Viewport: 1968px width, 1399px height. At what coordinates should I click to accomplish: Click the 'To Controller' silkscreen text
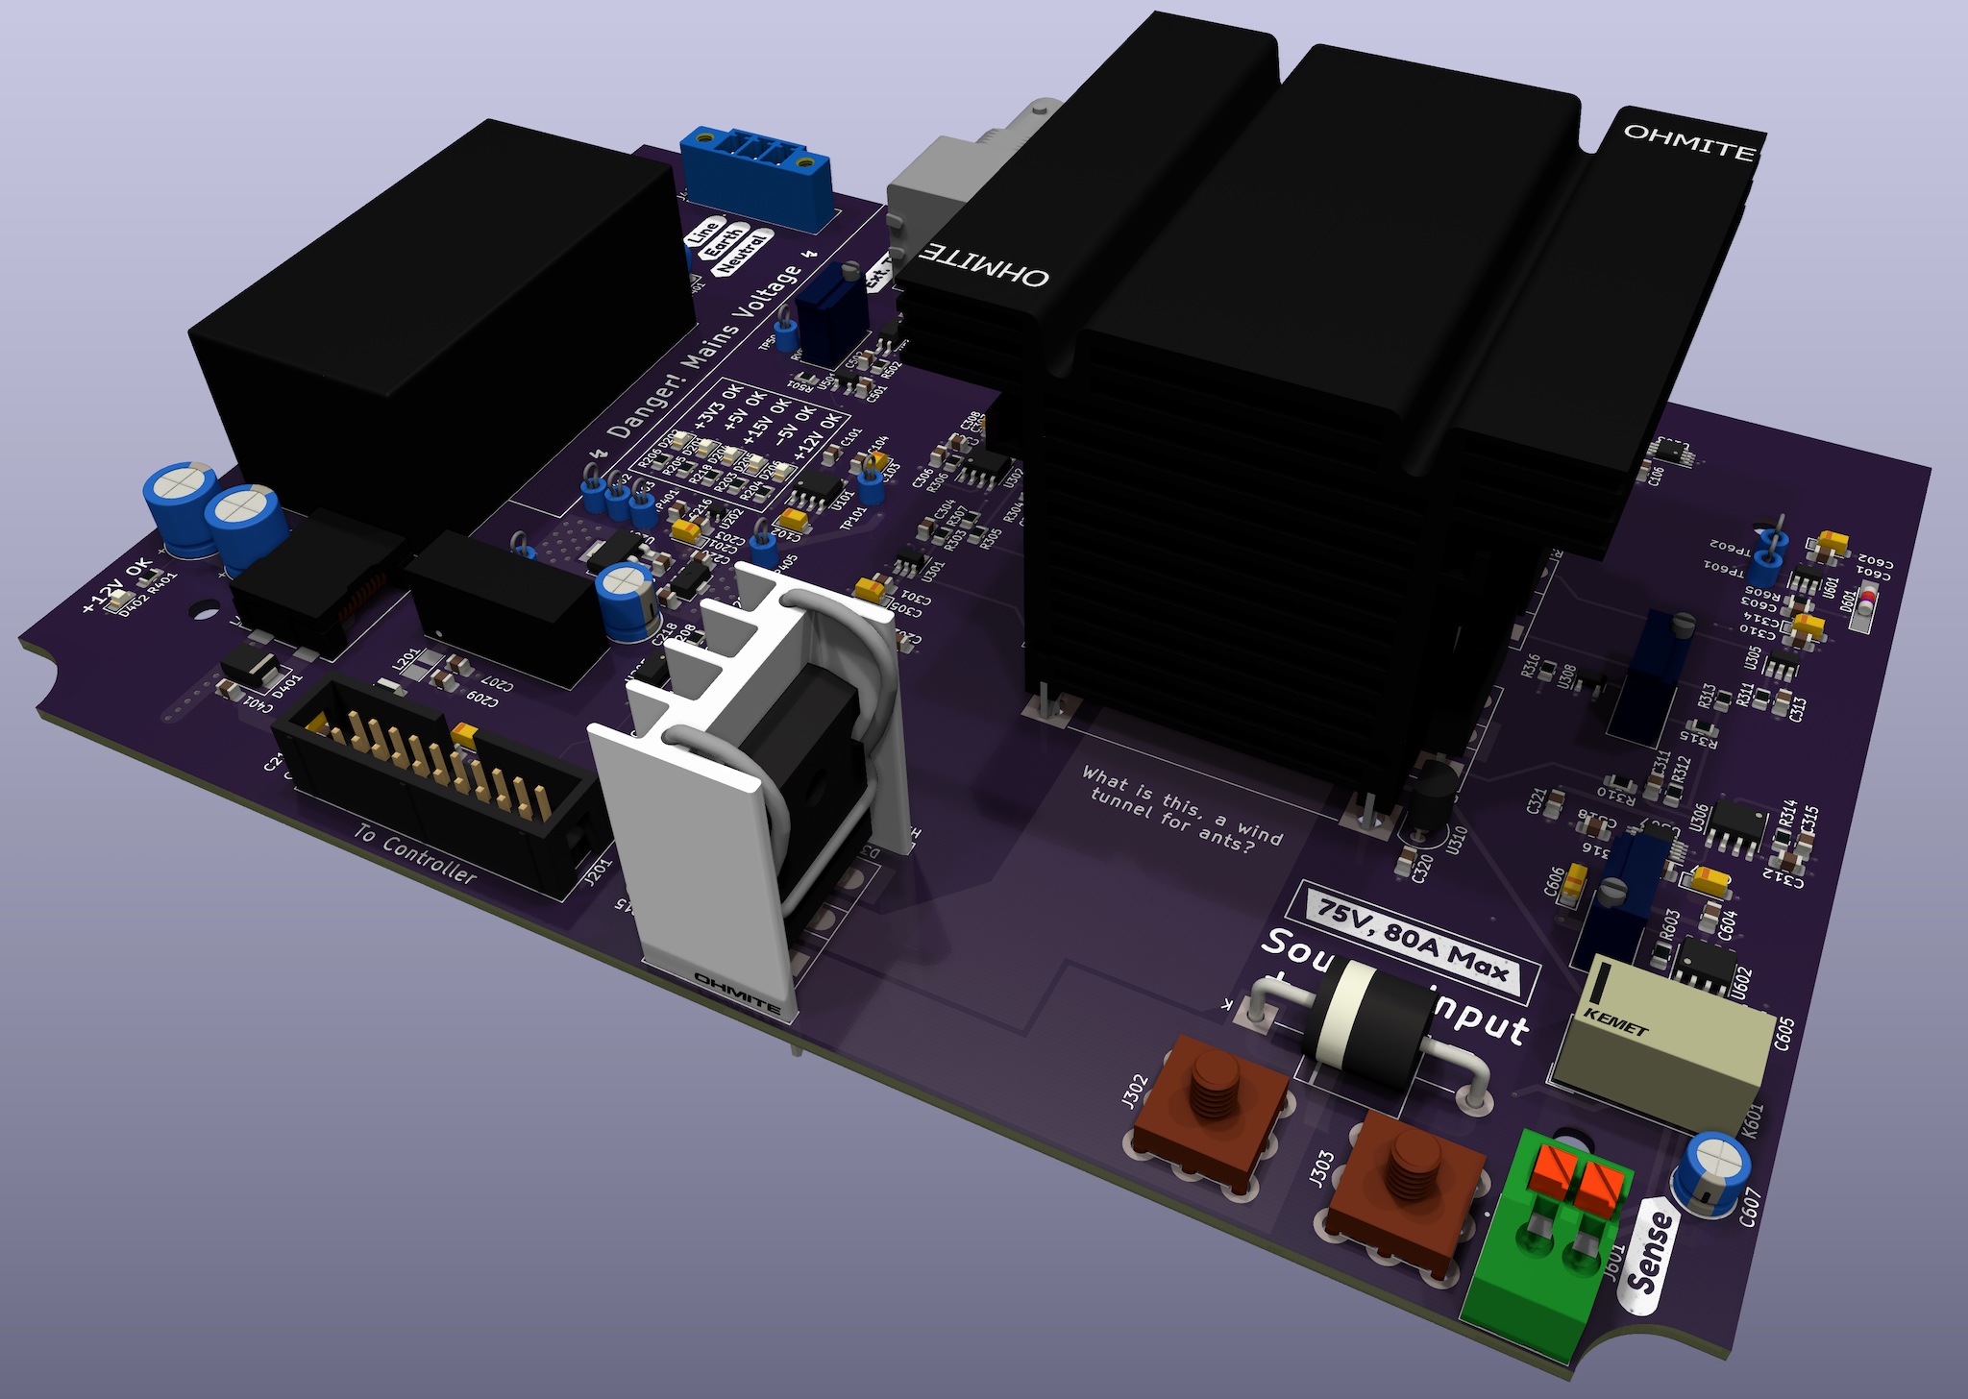(x=415, y=853)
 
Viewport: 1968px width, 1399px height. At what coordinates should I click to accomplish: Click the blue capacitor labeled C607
(x=1715, y=1167)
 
